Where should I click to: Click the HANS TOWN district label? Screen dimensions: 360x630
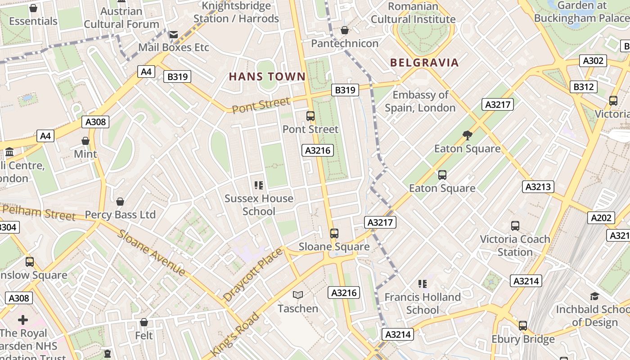[267, 76]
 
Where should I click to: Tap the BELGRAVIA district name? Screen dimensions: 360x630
[424, 63]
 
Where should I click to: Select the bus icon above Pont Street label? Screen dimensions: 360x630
[310, 116]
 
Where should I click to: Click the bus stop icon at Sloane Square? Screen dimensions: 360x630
[334, 233]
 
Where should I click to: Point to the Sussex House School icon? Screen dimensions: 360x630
[259, 185]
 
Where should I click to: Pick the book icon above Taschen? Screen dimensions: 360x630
[297, 295]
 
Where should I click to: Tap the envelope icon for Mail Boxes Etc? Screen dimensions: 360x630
[173, 34]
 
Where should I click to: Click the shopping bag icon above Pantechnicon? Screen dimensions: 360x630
[345, 30]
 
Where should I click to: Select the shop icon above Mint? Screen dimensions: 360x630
[85, 141]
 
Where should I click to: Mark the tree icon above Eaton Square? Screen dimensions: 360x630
[468, 135]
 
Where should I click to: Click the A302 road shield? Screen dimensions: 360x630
[593, 61]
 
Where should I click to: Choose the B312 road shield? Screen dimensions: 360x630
[583, 87]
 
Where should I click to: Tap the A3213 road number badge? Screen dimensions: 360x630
[538, 187]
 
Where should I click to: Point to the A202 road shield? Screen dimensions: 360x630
[601, 218]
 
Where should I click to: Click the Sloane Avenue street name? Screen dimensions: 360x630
[152, 253]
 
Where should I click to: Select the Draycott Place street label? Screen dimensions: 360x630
[253, 274]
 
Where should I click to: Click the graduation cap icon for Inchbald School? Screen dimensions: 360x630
[594, 296]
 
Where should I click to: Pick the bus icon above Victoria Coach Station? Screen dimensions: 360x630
[515, 226]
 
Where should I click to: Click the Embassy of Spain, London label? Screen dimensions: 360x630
[420, 101]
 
